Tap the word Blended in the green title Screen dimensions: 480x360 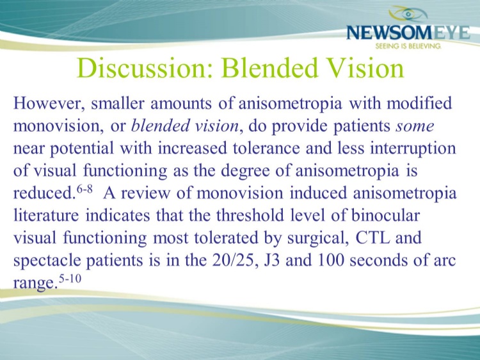point(269,68)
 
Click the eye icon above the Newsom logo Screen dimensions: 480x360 point(408,14)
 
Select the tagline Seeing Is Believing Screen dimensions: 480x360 point(408,46)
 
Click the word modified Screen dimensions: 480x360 point(419,103)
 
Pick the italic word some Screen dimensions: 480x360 point(415,126)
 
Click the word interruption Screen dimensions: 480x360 point(413,148)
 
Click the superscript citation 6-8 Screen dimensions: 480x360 point(84,189)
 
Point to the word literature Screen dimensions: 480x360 point(46,215)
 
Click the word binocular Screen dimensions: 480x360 point(385,215)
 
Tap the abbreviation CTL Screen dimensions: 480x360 point(372,238)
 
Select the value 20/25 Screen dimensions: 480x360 point(232,260)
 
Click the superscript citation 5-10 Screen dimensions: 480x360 point(70,279)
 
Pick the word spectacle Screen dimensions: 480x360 point(47,261)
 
